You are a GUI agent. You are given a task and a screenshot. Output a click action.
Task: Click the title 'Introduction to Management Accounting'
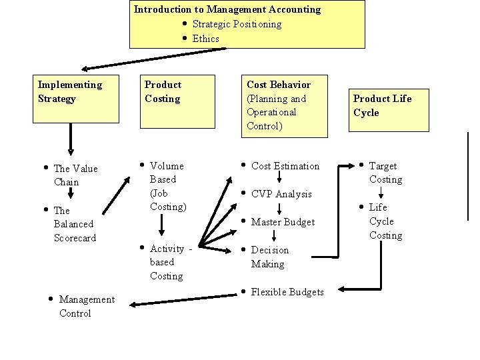tap(227, 9)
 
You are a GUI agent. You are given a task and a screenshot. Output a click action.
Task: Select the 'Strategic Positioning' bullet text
tap(237, 24)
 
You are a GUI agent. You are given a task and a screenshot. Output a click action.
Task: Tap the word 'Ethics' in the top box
tap(205, 39)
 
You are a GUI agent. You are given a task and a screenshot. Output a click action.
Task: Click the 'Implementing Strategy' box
tap(70, 92)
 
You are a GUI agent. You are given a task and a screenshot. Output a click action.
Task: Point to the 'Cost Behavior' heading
tap(279, 85)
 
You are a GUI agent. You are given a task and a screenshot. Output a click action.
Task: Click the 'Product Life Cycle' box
tap(382, 105)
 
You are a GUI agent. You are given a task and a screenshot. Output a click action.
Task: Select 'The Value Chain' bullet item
tap(75, 175)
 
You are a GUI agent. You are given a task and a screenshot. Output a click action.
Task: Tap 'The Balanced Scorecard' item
tap(75, 224)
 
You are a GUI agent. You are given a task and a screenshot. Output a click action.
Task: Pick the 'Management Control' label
tap(86, 307)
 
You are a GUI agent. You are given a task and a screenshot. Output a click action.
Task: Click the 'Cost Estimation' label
tap(285, 166)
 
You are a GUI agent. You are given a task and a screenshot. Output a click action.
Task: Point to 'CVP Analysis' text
tap(281, 194)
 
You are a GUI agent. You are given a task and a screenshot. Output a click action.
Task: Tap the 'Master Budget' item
tap(283, 222)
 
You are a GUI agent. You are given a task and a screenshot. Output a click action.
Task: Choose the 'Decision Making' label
tap(269, 257)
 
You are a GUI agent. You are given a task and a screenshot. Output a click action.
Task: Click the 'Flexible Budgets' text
tap(287, 292)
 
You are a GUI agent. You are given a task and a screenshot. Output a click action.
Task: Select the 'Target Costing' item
tap(385, 173)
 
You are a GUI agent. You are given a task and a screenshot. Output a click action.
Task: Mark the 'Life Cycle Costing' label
tap(385, 221)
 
